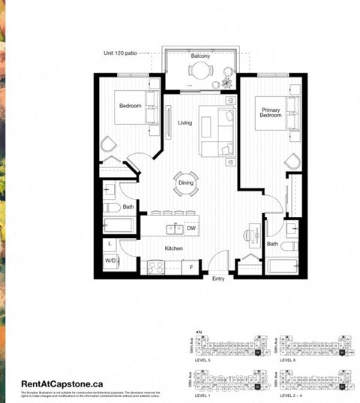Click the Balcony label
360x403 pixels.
tap(199, 56)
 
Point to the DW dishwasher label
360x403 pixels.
tap(191, 228)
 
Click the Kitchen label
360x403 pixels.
tap(174, 248)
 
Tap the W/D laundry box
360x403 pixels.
tap(110, 260)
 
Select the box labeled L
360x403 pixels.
tap(109, 244)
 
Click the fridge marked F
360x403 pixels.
tap(192, 266)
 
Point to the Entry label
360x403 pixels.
tap(218, 279)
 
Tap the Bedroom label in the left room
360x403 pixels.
tap(130, 107)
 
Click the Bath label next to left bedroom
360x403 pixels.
tap(128, 206)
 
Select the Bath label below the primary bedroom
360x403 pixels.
tap(272, 244)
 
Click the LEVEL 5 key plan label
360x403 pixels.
tap(203, 360)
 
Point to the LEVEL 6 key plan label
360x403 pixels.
tap(289, 360)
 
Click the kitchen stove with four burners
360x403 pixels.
tap(157, 266)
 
